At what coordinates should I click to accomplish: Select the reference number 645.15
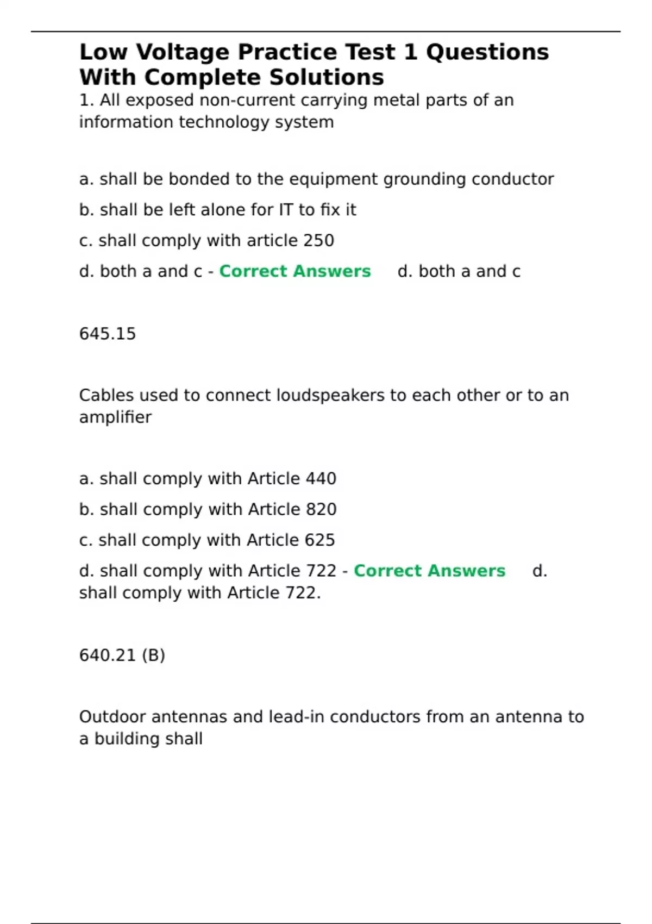pos(108,334)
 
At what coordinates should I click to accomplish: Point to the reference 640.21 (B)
pos(122,655)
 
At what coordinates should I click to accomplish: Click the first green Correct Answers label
pos(295,271)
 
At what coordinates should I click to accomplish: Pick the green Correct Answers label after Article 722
pos(429,571)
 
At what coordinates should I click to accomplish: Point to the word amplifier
pos(115,417)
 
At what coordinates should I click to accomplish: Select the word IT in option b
pos(286,210)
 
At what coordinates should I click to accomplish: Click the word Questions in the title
pos(487,53)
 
